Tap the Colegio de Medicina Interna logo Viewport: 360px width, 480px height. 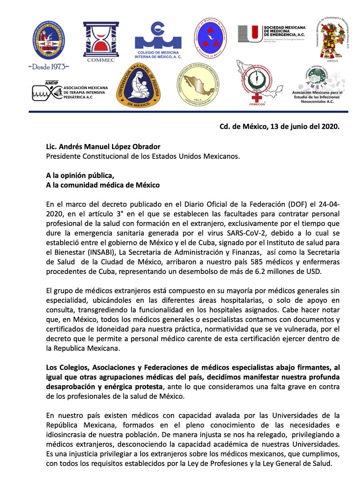pyautogui.click(x=158, y=40)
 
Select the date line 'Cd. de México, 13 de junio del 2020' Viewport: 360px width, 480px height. pyautogui.click(x=280, y=127)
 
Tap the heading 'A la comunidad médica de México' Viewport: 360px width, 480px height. pyautogui.click(x=103, y=185)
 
